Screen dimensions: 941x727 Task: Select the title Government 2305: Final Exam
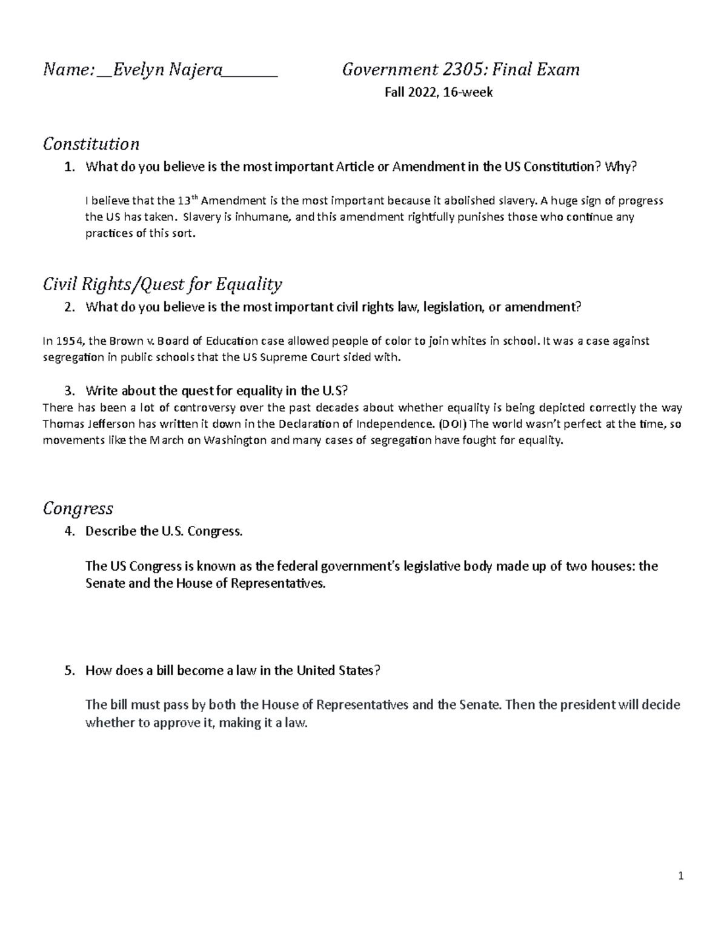coord(460,70)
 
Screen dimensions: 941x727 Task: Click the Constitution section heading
coord(91,144)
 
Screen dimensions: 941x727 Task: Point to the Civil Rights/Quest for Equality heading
coord(162,284)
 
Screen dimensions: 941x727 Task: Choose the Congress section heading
coord(78,508)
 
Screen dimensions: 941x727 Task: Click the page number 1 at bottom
coord(681,876)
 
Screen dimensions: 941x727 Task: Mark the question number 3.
coord(69,390)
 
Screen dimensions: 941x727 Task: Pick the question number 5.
coord(69,671)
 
